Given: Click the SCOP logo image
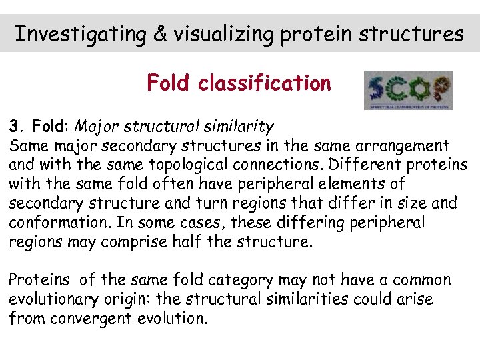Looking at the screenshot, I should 408,90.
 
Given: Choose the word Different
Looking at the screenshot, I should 346,165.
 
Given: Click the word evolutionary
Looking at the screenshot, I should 53,299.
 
